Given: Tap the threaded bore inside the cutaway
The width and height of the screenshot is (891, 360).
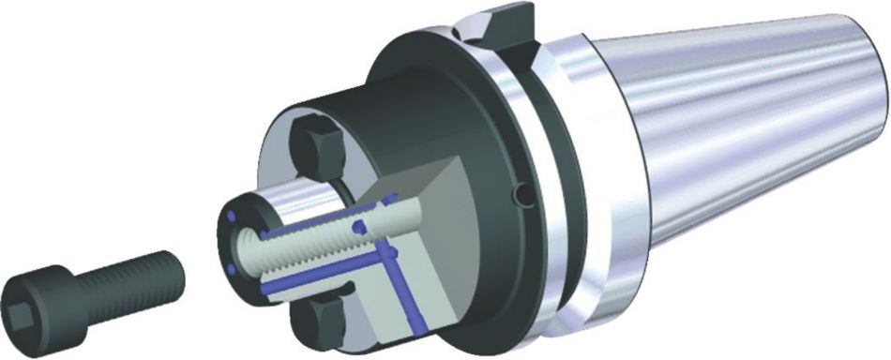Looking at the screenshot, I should [x=300, y=246].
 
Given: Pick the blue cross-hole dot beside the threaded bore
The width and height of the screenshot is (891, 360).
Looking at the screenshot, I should [x=358, y=228].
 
